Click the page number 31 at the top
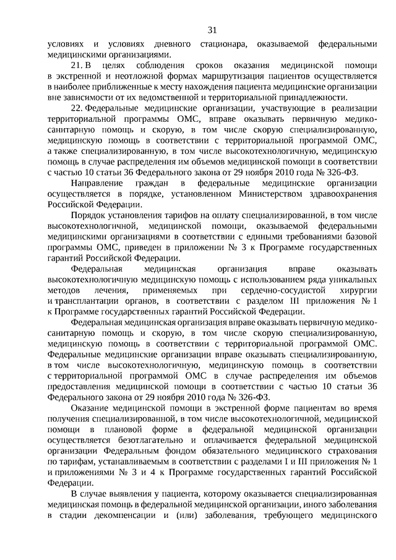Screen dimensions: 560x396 [x=212, y=30]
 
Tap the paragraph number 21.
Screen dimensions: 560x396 [x=76, y=65]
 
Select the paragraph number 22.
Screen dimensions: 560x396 [x=76, y=109]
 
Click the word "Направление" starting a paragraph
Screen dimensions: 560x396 [x=95, y=184]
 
